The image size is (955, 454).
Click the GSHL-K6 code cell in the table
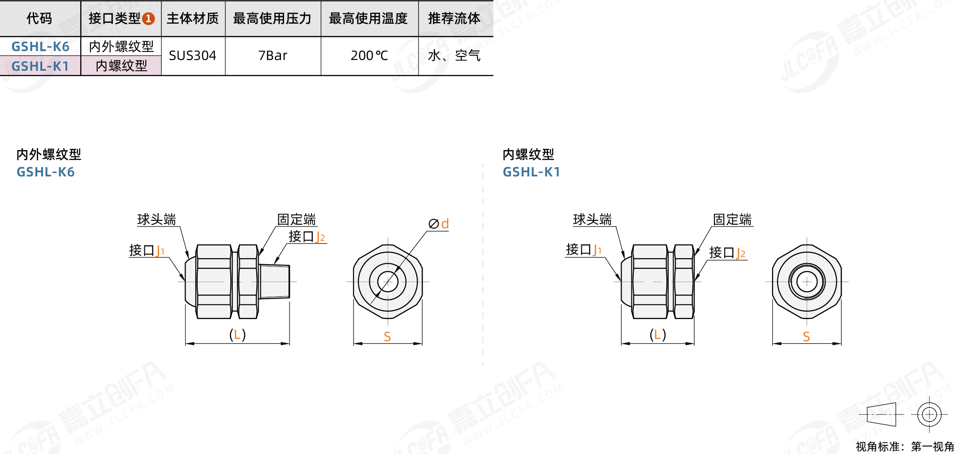(40, 47)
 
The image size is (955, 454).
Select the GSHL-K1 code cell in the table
(40, 66)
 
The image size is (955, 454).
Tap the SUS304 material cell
(193, 56)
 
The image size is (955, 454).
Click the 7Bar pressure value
(272, 56)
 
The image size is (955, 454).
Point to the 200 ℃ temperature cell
(369, 56)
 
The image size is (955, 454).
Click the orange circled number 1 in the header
(148, 19)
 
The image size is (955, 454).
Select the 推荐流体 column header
(454, 19)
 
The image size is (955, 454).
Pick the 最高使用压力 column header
(272, 19)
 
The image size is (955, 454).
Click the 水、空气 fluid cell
(454, 56)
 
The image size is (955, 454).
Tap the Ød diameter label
(439, 224)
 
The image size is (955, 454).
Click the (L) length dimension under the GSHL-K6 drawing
(237, 334)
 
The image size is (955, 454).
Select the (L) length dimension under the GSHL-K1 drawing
(657, 334)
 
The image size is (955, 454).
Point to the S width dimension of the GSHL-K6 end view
(387, 336)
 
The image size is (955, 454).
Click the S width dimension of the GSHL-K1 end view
(806, 336)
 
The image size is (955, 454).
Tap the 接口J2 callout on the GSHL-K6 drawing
(307, 236)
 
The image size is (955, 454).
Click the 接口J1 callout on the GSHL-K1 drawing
(583, 249)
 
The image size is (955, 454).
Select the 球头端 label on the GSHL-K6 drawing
(156, 219)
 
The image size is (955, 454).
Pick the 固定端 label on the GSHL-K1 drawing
(732, 219)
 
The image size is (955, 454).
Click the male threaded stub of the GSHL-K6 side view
(275, 282)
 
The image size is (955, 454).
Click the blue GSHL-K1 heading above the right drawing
(532, 172)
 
